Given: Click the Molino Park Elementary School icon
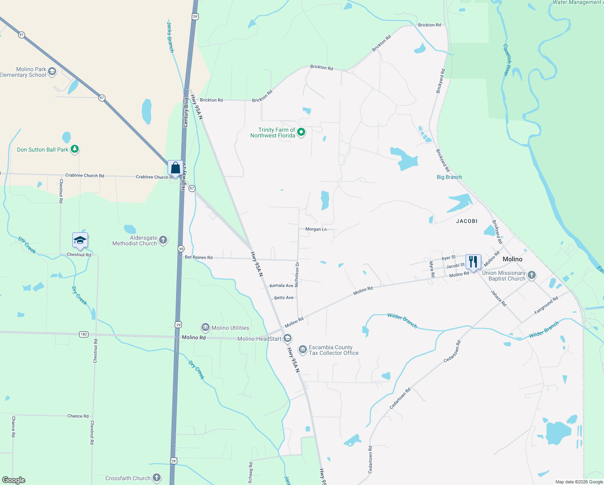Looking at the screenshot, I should [52, 72].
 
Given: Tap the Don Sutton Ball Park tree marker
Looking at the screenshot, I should [74, 149].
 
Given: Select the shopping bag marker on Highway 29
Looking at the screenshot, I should [175, 167].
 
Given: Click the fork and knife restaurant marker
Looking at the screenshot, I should [473, 261].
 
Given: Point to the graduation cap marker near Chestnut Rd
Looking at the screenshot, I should [80, 240].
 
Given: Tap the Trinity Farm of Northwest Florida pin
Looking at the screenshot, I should [301, 132].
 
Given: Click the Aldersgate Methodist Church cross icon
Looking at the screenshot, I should [163, 240].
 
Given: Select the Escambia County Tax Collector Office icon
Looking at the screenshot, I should [302, 350].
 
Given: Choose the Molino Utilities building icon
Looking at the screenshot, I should [205, 327].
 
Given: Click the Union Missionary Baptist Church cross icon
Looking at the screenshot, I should [532, 276].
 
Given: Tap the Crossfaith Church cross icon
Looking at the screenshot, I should [156, 478].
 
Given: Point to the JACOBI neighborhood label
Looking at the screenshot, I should [467, 221].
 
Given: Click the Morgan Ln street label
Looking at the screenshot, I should [316, 229].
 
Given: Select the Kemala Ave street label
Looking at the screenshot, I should [281, 285].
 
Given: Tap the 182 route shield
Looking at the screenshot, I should [84, 334].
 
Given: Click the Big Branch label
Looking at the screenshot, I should [449, 177].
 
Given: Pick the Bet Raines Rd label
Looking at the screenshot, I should [198, 257].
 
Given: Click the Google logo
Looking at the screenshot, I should [14, 480].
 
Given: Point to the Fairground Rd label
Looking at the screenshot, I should [546, 305].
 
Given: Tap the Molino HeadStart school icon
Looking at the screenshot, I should [287, 338].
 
